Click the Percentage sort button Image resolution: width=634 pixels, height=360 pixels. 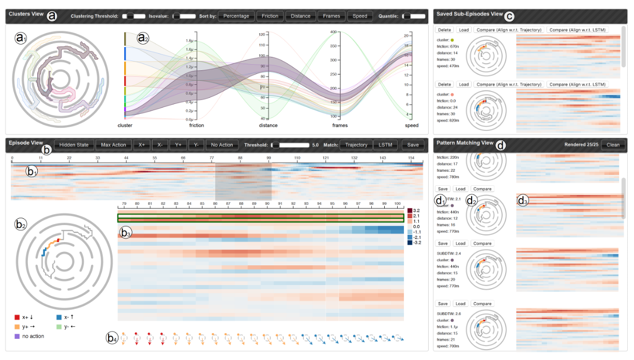[237, 16]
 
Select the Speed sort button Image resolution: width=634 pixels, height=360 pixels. [360, 16]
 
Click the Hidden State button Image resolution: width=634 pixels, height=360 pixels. [74, 145]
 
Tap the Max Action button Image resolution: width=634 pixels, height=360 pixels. [113, 145]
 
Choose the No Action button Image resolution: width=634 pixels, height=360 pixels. [222, 145]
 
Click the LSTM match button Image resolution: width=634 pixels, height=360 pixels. [385, 145]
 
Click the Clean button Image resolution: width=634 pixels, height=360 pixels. [613, 145]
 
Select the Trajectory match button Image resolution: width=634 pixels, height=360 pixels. [356, 145]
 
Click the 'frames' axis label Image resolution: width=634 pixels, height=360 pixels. [340, 125]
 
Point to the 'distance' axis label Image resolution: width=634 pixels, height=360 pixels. [268, 125]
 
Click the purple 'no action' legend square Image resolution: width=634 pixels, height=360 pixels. [18, 336]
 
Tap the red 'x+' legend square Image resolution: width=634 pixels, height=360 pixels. [18, 317]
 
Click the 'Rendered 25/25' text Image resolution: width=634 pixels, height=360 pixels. [581, 145]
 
